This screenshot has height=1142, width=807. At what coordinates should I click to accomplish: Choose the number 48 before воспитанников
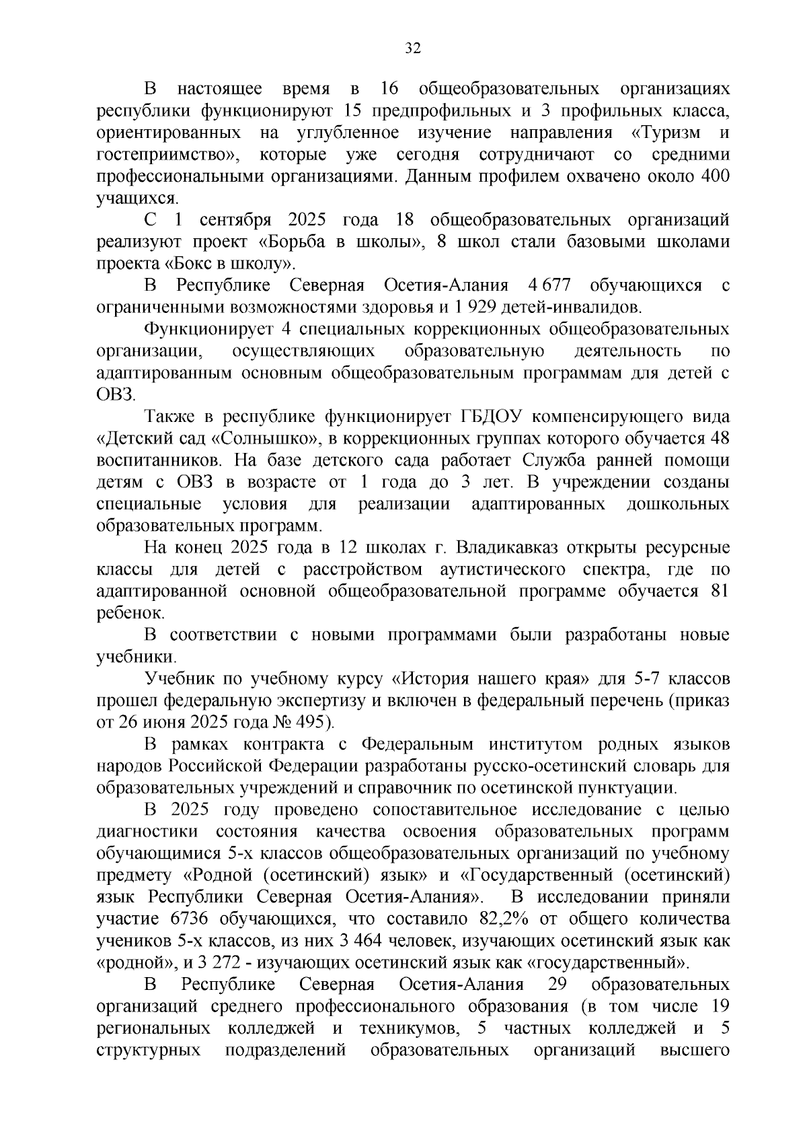pos(720,439)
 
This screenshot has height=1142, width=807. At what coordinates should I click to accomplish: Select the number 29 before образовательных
pos(558,985)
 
